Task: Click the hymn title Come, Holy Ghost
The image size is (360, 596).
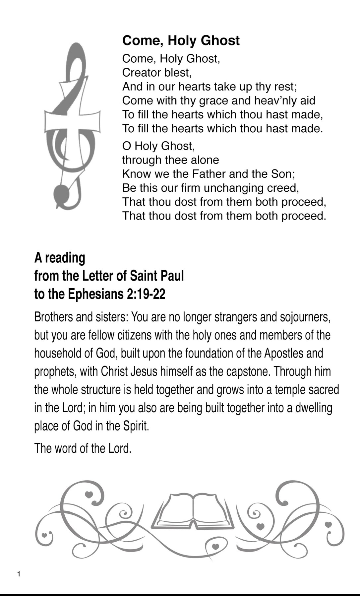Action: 181,40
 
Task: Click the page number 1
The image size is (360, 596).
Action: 19,574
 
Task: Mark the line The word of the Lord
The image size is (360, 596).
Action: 83,448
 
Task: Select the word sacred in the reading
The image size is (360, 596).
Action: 324,389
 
